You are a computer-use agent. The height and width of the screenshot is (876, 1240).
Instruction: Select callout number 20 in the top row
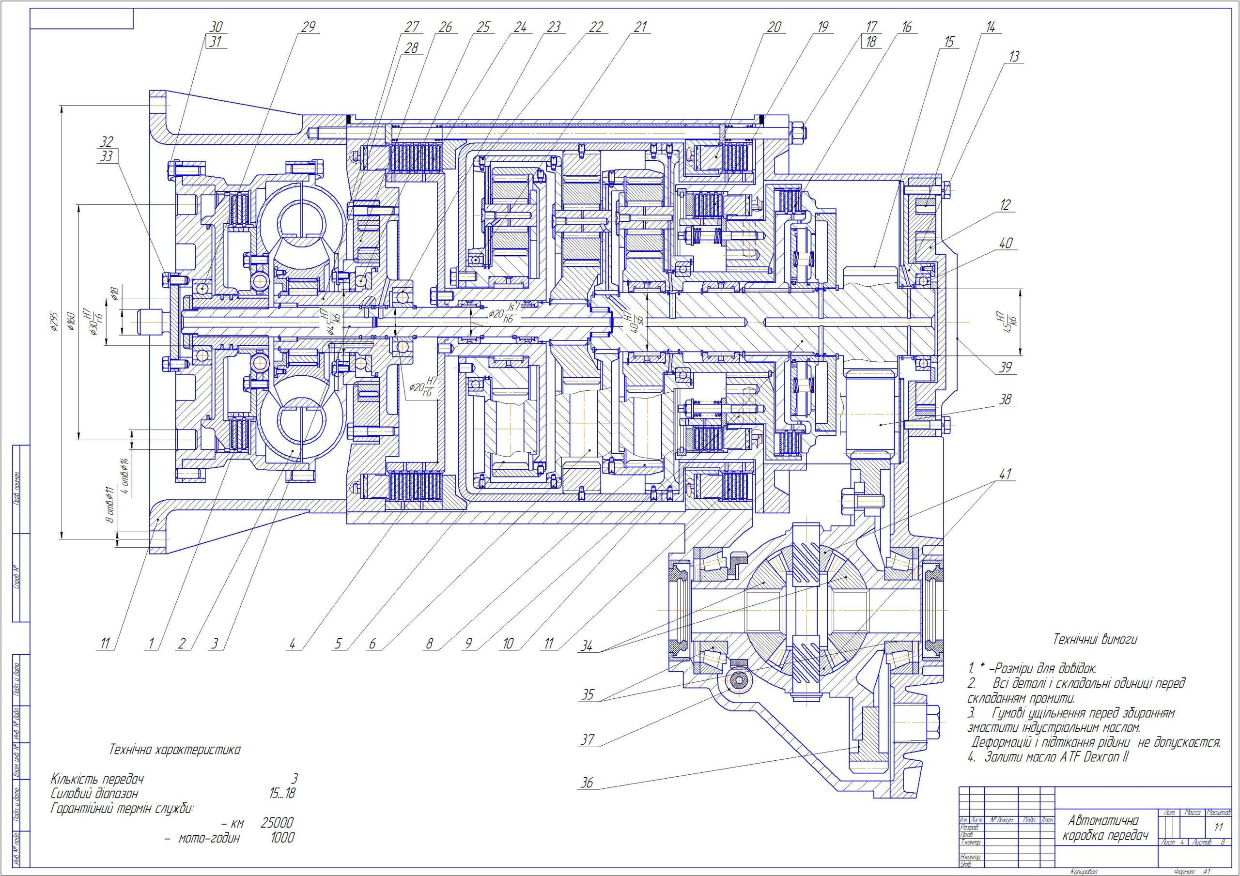click(x=774, y=27)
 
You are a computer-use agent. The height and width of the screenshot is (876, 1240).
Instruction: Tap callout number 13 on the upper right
click(x=1014, y=57)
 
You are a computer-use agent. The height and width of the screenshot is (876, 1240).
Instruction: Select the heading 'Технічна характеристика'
click(x=175, y=750)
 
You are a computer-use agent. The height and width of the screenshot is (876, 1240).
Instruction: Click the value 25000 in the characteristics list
click(x=277, y=823)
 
